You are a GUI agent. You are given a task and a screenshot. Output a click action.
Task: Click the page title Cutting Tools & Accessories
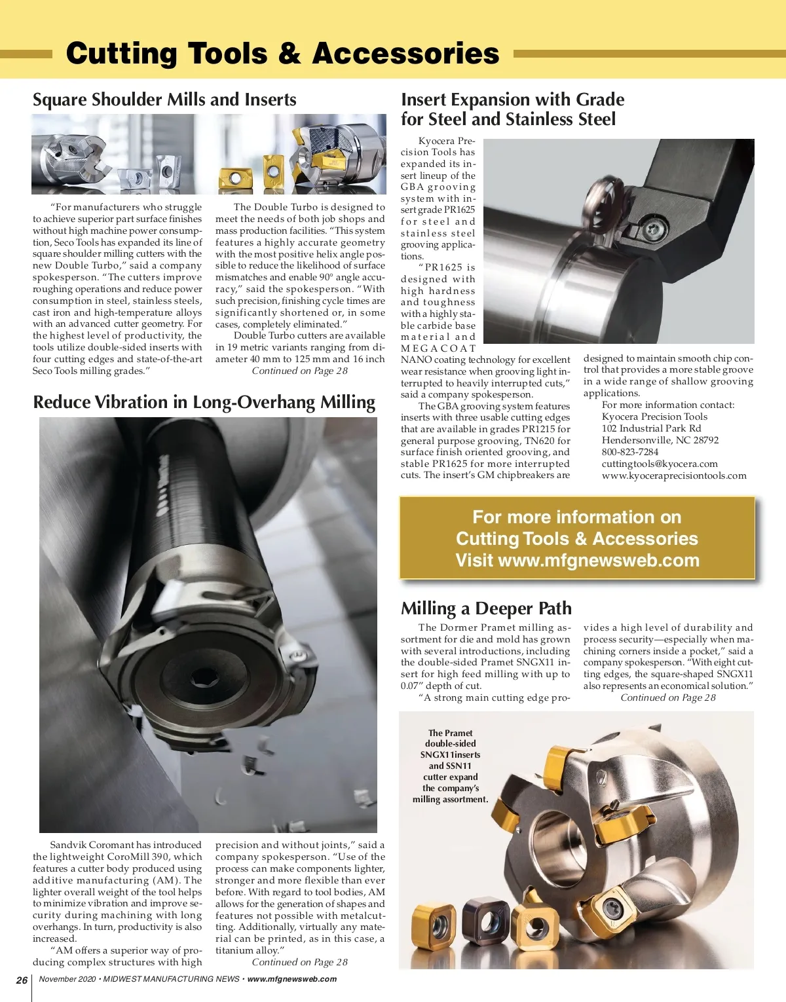(282, 54)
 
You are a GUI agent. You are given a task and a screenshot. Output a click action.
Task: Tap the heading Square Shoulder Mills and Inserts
(164, 100)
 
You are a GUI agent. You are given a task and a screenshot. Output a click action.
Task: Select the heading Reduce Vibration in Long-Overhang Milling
(204, 402)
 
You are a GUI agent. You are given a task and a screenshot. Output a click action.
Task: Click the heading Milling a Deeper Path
(486, 608)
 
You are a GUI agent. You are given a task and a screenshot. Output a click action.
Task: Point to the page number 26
(22, 980)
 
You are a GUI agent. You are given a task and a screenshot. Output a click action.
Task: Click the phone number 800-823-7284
(630, 452)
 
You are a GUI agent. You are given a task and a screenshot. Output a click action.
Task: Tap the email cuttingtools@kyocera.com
(660, 464)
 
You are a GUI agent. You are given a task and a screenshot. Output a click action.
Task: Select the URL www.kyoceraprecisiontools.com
(674, 475)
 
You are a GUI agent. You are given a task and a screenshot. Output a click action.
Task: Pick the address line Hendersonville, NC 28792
(660, 440)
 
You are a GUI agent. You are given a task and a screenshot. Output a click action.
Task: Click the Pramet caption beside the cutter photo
(450, 766)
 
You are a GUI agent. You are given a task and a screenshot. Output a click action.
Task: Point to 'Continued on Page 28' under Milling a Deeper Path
(668, 697)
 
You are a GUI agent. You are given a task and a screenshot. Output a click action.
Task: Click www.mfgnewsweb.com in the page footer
(292, 980)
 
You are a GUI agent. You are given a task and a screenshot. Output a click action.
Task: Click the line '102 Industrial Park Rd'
(651, 428)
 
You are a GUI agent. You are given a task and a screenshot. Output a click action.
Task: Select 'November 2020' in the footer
(67, 980)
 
